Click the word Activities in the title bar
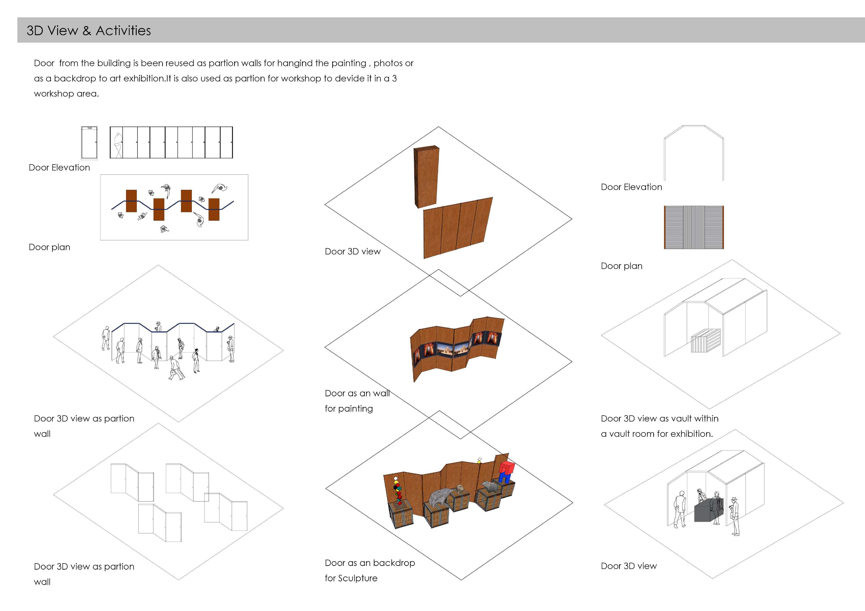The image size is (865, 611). [123, 30]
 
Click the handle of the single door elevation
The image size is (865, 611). [96, 142]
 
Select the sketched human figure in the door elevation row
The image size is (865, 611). [118, 145]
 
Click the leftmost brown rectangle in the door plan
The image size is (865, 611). [131, 201]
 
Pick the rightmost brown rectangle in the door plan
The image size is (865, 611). [214, 209]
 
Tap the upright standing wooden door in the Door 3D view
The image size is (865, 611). [426, 177]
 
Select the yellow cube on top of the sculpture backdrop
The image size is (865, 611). [479, 460]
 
